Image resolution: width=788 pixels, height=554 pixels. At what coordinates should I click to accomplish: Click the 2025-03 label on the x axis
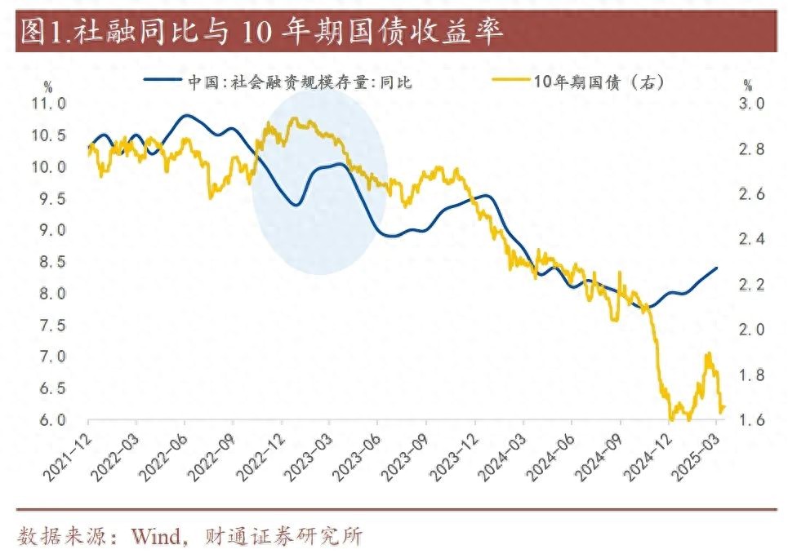pyautogui.click(x=701, y=449)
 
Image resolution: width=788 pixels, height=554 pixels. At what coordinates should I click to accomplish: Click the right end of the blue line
pyautogui.click(x=717, y=268)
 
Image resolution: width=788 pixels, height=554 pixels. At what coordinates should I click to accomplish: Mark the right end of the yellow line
pyautogui.click(x=723, y=407)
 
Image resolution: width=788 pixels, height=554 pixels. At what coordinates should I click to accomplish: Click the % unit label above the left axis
pyautogui.click(x=48, y=86)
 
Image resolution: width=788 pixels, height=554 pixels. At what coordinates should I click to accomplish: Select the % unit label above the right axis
pyautogui.click(x=747, y=85)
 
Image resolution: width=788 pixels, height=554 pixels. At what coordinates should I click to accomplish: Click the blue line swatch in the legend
pyautogui.click(x=162, y=82)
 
